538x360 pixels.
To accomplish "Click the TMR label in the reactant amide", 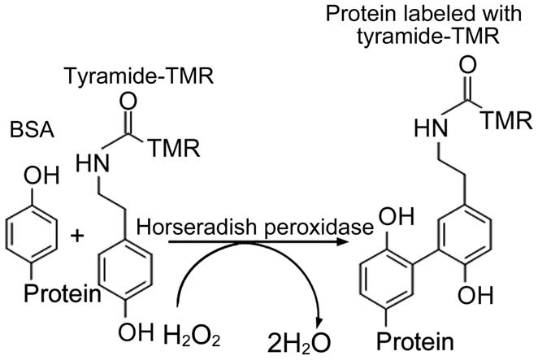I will [x=171, y=148].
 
